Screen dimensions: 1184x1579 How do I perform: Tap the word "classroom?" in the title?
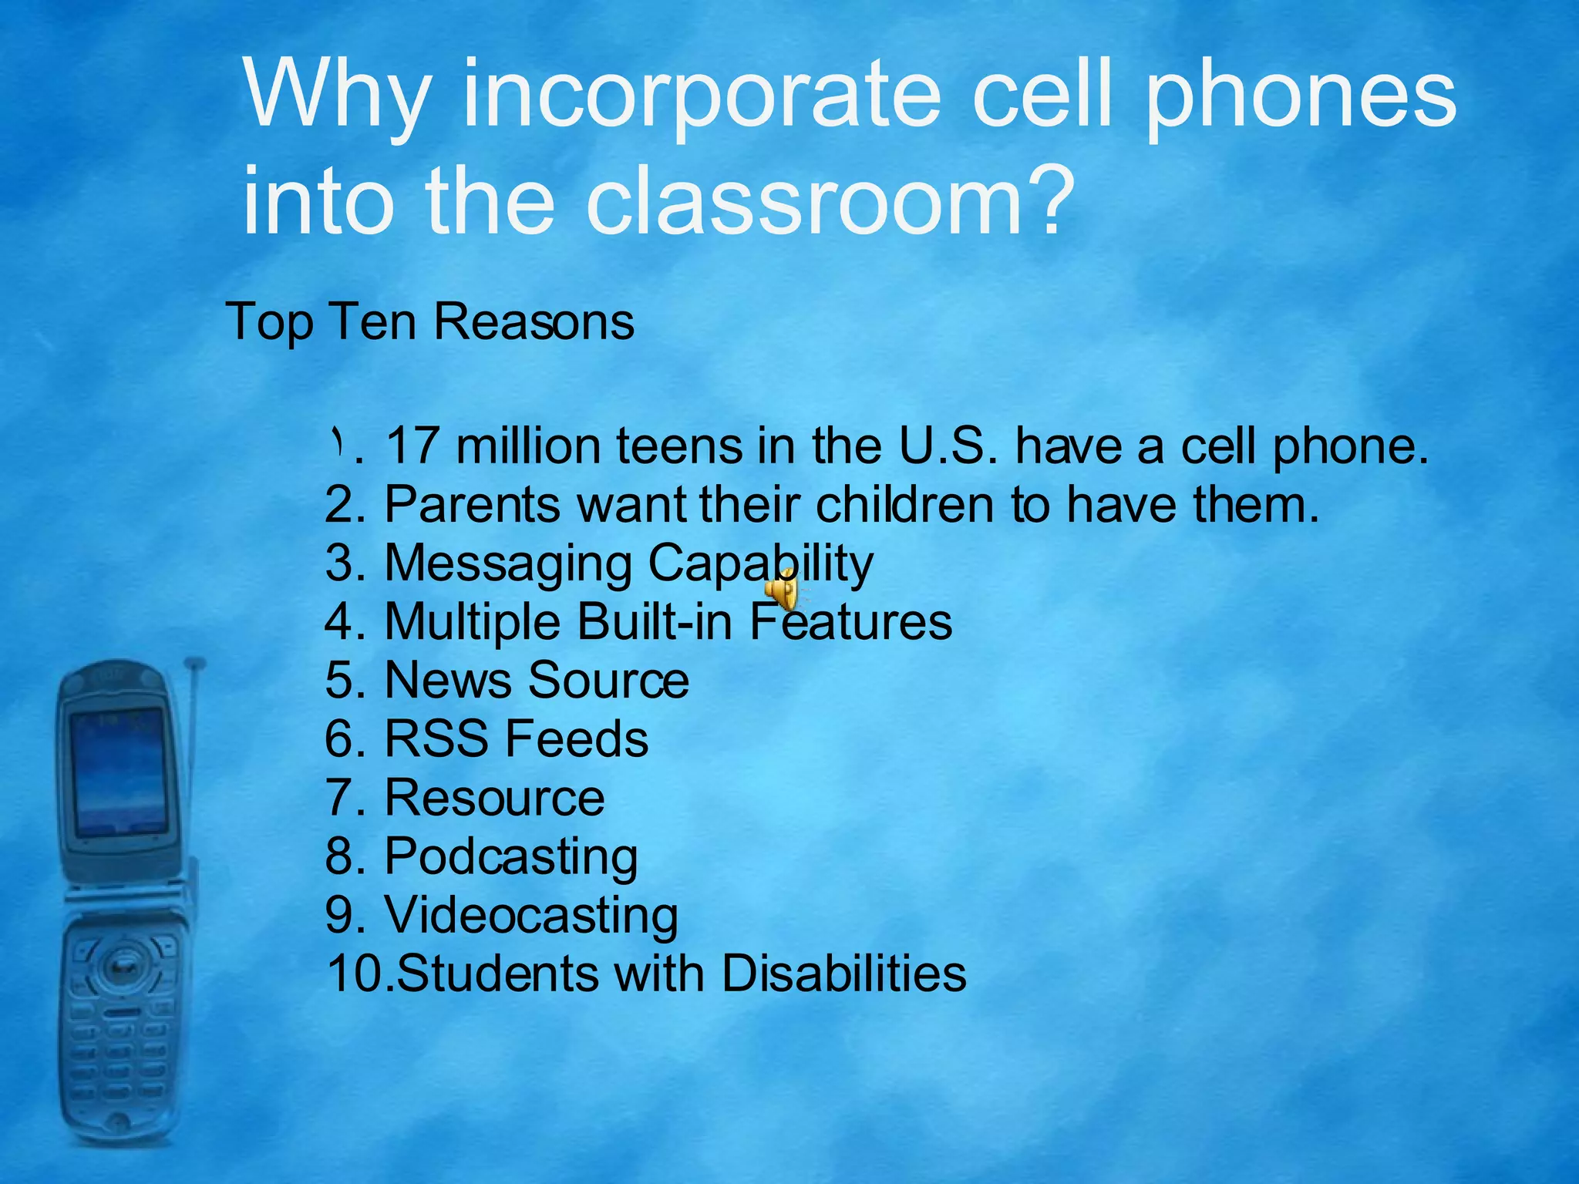pos(830,202)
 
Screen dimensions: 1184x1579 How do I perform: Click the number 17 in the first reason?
pos(412,446)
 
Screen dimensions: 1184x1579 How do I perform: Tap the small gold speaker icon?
pos(781,590)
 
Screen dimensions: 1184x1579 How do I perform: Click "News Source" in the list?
pos(536,681)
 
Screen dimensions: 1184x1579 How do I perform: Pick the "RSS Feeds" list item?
pos(516,739)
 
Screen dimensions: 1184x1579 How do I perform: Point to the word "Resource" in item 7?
pos(494,798)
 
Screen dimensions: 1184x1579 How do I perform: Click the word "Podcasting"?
pos(510,857)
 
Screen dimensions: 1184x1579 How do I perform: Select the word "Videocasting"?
pos(530,916)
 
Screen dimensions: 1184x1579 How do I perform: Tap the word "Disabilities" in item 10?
pos(843,974)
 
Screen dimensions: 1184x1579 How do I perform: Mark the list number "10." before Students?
pos(359,974)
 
